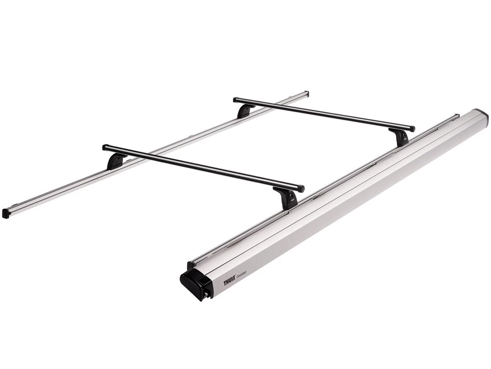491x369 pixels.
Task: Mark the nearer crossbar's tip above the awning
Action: [x=302, y=189]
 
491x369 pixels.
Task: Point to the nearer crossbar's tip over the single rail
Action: [x=105, y=146]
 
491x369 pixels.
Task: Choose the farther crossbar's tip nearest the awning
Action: [x=412, y=129]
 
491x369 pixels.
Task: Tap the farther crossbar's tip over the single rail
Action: [x=236, y=99]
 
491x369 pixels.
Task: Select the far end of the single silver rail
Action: [x=306, y=93]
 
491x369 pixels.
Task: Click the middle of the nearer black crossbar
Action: [x=203, y=167]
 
